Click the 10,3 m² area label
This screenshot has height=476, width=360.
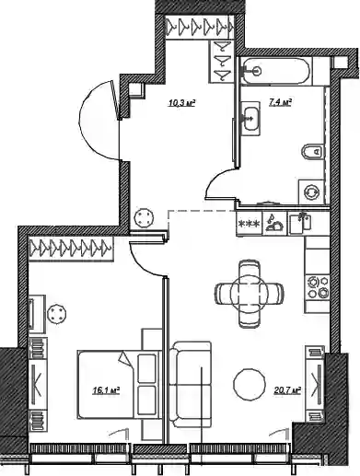[181, 103]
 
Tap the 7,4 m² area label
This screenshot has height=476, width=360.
[280, 102]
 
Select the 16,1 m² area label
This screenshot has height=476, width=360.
[106, 390]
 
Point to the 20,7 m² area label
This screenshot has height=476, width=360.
[287, 390]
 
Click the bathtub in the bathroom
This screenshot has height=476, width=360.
[275, 71]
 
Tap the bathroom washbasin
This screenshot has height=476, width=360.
[250, 119]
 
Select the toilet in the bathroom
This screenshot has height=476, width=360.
[312, 151]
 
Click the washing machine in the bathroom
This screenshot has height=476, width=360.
[311, 192]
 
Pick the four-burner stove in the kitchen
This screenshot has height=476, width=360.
[318, 287]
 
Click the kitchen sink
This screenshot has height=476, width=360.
[300, 223]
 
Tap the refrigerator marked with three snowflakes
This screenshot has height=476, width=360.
[250, 224]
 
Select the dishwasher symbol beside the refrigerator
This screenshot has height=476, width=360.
[274, 224]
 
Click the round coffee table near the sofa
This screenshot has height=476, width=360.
[250, 384]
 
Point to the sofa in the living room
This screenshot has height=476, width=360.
[191, 385]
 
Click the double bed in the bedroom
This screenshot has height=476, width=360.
[118, 385]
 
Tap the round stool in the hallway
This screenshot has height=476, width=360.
[144, 218]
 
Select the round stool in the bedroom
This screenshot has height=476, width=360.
[57, 314]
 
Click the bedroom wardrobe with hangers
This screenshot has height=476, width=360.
[71, 249]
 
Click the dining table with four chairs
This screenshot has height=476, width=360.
[250, 293]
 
